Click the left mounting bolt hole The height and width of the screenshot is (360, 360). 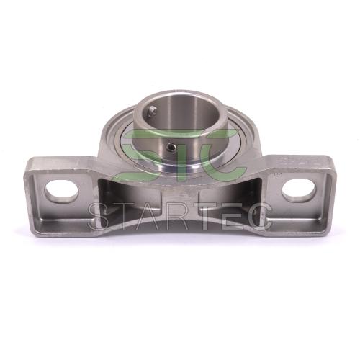tap(62, 192)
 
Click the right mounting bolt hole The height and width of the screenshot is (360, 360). tap(299, 191)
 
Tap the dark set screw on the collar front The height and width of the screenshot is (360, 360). tap(171, 146)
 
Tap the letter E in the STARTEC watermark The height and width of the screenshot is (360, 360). tap(227, 215)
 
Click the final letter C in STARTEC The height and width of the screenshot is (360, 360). tap(257, 215)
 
